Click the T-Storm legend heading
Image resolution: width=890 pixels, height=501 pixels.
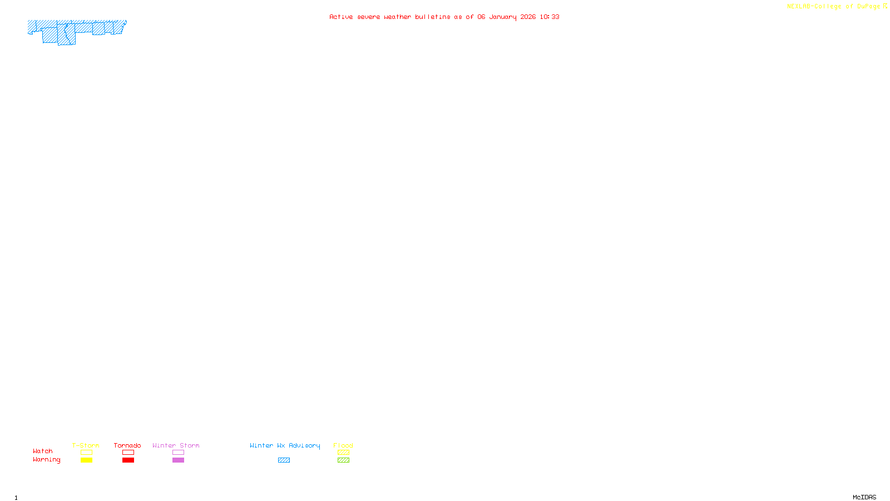coord(86,445)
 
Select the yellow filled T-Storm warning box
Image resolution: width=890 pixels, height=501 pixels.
coord(86,460)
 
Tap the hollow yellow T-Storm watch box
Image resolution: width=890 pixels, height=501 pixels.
coord(86,453)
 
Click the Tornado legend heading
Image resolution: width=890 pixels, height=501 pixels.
coord(127,445)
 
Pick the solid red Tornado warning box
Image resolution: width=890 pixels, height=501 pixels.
coord(128,460)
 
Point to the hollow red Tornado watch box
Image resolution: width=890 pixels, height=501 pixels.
coord(128,453)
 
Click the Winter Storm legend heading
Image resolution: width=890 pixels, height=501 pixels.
coord(176,445)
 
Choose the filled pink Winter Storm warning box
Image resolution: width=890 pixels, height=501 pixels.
coord(178,460)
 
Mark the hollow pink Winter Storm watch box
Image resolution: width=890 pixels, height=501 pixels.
coord(178,453)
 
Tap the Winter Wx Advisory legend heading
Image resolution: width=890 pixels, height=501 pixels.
coord(285,445)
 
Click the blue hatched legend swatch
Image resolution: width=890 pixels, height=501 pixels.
coord(284,460)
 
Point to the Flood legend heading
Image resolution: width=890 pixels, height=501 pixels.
coord(343,445)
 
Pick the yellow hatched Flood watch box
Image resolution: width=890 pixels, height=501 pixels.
coord(343,453)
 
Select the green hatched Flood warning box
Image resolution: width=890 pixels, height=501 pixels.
coord(343,460)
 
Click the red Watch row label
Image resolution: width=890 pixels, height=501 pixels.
coord(43,451)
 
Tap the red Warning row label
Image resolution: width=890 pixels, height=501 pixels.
coord(47,460)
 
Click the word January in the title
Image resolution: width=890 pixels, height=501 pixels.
coord(503,17)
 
